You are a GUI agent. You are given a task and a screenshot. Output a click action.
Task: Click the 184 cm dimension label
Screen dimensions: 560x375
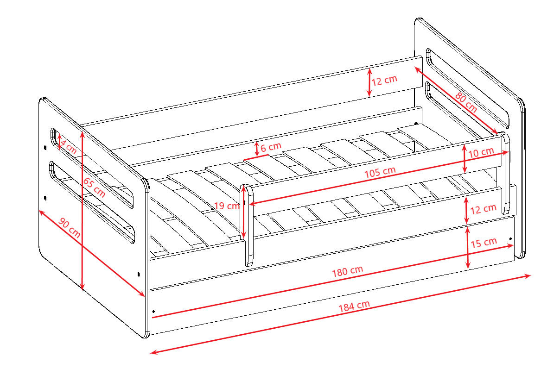[354, 306]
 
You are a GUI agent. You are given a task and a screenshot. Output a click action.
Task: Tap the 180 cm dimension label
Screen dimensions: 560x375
[348, 271]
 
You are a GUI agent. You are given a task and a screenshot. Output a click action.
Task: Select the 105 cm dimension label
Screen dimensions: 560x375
[380, 172]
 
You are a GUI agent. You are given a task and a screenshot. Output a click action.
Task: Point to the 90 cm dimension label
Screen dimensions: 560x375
[69, 228]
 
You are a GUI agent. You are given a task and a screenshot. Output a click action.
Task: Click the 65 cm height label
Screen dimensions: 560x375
[94, 187]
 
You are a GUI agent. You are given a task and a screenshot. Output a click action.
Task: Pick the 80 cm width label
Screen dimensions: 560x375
[466, 102]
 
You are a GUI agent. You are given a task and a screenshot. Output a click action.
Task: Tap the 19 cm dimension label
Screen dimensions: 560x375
[227, 206]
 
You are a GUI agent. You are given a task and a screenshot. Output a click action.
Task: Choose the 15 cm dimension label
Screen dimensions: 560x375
[484, 243]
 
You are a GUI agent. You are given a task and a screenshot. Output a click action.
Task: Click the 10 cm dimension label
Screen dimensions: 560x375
[481, 152]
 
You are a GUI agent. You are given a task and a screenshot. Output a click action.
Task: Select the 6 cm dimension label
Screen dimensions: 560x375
[271, 147]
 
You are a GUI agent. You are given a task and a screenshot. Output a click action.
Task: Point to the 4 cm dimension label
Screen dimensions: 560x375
[68, 147]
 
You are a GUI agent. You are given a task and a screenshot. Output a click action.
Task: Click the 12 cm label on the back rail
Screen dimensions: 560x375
[384, 81]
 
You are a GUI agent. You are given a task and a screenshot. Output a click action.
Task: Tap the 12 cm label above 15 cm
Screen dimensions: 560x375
[483, 209]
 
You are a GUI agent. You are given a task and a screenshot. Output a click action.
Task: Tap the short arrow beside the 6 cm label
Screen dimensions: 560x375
[256, 149]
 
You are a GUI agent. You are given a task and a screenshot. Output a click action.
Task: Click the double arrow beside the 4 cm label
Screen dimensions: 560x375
[59, 142]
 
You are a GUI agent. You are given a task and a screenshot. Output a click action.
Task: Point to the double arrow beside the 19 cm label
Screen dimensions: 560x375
[244, 212]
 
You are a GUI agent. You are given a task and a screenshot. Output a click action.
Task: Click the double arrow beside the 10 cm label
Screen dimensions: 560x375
[464, 159]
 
